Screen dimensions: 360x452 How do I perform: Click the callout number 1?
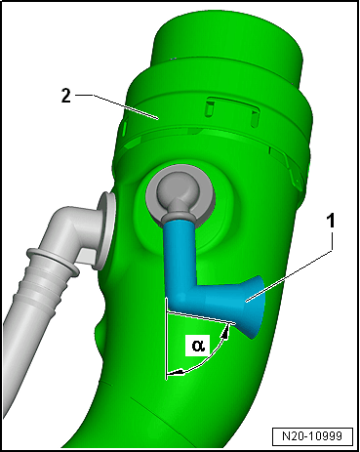(330, 222)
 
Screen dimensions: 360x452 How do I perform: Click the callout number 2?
(66, 96)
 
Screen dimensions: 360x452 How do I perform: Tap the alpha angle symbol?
(198, 345)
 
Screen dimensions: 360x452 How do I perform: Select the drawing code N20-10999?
(312, 435)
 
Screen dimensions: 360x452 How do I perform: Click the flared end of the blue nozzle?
(254, 306)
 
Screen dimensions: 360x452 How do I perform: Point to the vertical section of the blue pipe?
(178, 256)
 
